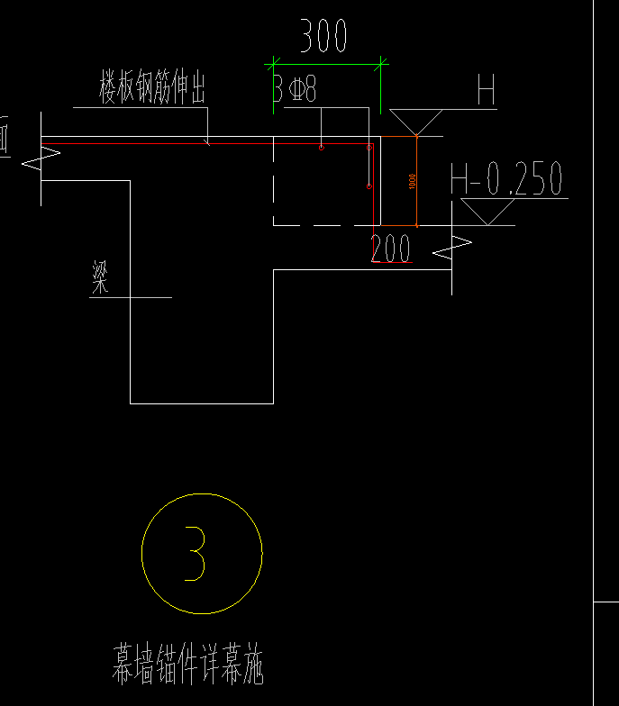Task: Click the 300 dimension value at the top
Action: pos(323,38)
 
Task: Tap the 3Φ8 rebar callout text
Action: pos(295,90)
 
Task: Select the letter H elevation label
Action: pos(487,91)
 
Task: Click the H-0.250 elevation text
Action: pos(506,179)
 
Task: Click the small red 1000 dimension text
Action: pos(413,181)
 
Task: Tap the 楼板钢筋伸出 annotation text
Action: pos(153,90)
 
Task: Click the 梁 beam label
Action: pos(100,278)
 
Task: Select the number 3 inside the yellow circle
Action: pos(196,553)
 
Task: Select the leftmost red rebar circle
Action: pos(321,147)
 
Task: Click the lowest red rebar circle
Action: pos(369,186)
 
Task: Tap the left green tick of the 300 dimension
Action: pos(270,64)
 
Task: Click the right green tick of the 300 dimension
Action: pos(382,64)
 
